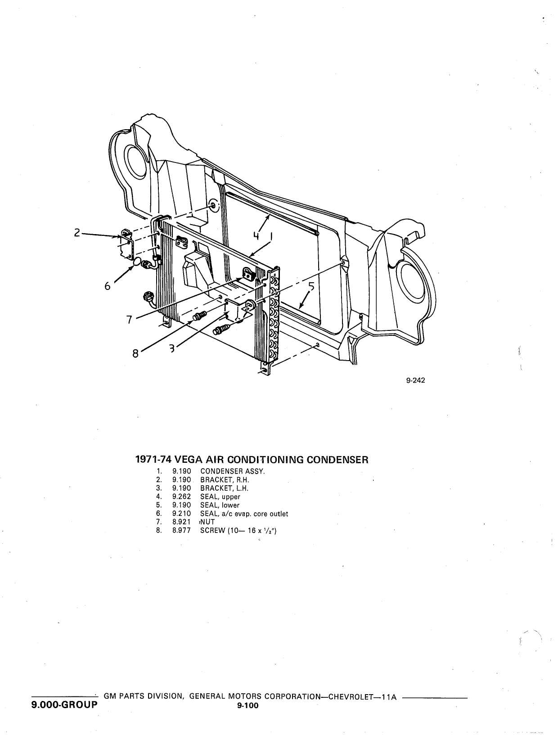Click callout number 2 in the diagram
[77, 232]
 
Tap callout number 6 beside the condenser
[107, 286]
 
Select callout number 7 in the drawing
[129, 319]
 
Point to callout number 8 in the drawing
[135, 353]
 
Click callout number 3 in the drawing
[172, 348]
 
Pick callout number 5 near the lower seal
[311, 287]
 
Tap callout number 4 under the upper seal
[256, 235]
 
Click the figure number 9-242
[416, 380]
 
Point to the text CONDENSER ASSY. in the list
[233, 471]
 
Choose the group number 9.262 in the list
[181, 497]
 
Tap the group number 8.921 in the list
[181, 522]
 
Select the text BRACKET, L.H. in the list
[225, 488]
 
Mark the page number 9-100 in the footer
[247, 705]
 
